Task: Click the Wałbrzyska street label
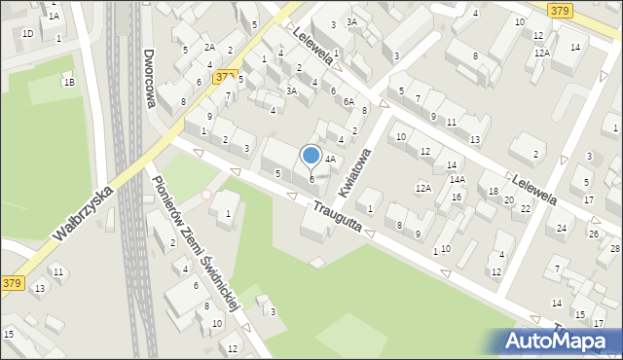coord(83,215)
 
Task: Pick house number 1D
coord(27,34)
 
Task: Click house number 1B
coord(68,83)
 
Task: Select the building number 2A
coord(208,47)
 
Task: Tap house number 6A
coord(348,102)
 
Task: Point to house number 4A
coord(330,159)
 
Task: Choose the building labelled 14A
coord(457,180)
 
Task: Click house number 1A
coord(54,17)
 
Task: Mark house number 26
coord(593,234)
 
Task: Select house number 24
coord(561,229)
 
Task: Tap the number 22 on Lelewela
coord(526,208)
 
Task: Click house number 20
coord(508,200)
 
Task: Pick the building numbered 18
coord(494,192)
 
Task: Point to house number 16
coord(456,198)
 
